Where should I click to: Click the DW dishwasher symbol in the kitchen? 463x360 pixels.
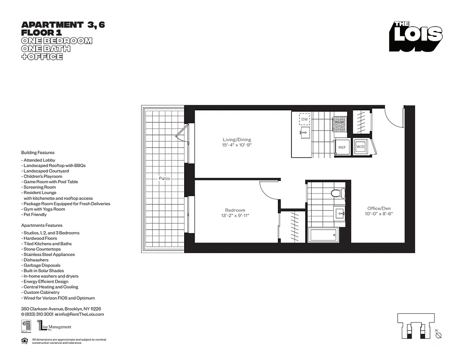(x=304, y=119)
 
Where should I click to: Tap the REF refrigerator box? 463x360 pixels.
(x=342, y=147)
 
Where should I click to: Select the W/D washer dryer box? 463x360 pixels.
(x=360, y=147)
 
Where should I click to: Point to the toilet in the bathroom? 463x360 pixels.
(x=336, y=193)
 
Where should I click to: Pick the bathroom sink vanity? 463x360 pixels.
(x=339, y=213)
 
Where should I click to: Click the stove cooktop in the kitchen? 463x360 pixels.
(x=339, y=124)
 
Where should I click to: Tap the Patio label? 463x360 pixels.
(x=164, y=179)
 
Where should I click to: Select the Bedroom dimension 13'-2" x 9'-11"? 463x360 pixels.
(x=235, y=216)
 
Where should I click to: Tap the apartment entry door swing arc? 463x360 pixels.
(x=393, y=118)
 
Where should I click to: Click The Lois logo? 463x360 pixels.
(x=416, y=35)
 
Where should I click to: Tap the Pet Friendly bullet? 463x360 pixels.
(x=34, y=215)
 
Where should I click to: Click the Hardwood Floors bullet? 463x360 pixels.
(x=39, y=238)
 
